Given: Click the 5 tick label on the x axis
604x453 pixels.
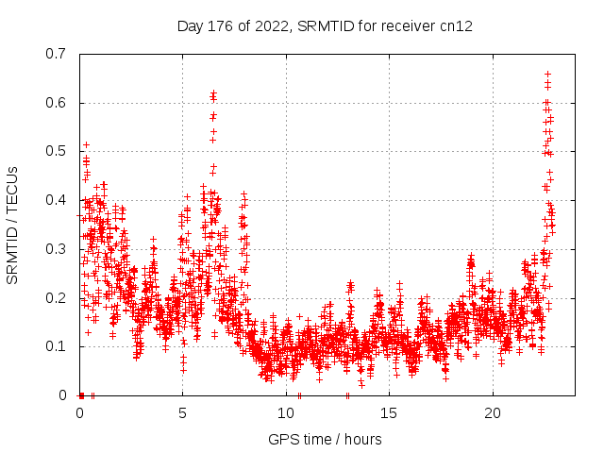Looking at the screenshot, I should click(183, 412).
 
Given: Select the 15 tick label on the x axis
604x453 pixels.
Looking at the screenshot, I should click(390, 412).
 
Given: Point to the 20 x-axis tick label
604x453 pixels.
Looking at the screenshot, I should click(493, 412).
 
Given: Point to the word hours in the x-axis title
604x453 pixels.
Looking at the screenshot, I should click(361, 439).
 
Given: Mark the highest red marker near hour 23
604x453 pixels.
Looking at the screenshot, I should click(547, 74).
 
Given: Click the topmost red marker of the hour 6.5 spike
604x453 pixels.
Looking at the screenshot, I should click(213, 92).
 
